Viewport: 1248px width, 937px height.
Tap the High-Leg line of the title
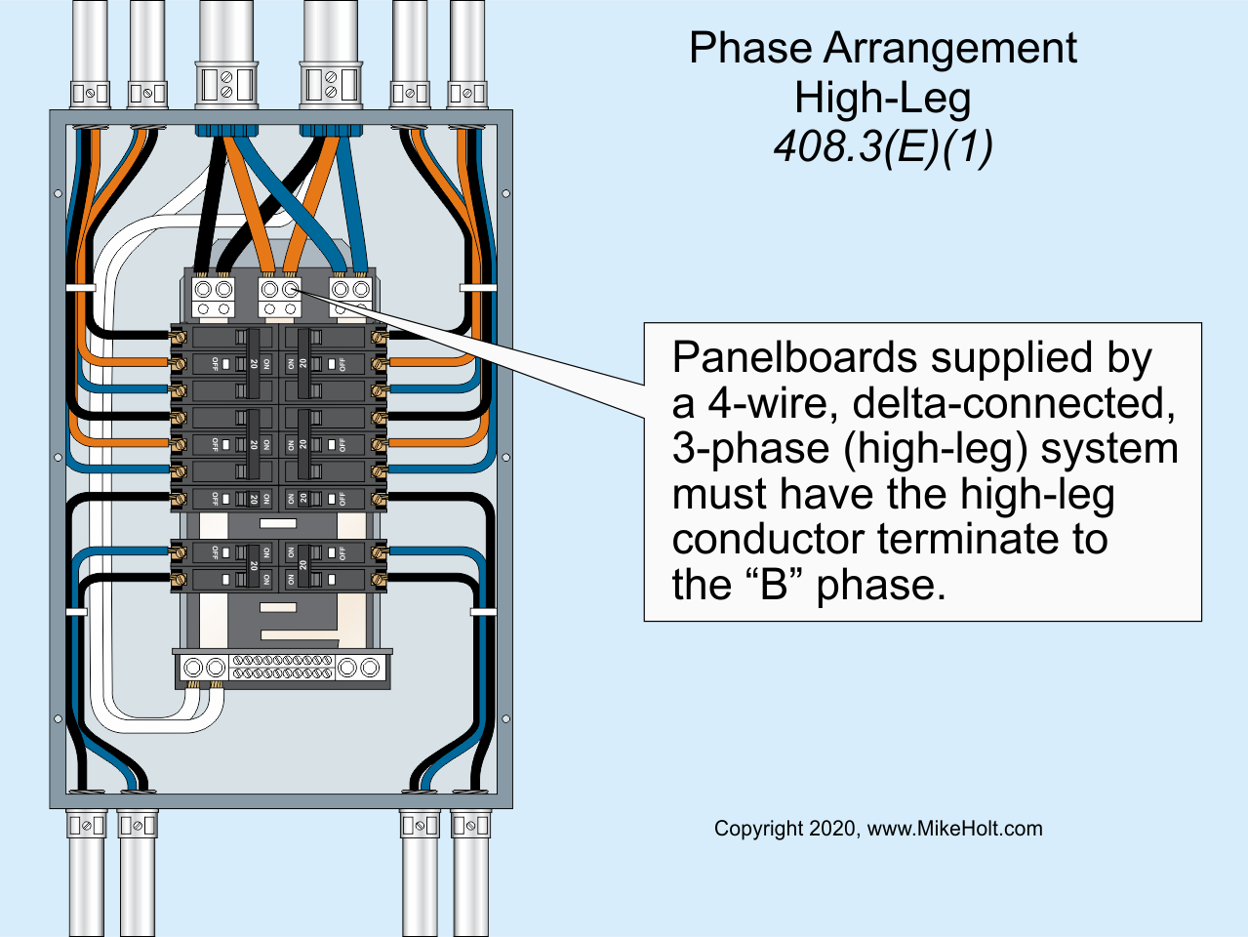point(882,98)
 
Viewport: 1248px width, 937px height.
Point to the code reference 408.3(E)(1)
point(882,146)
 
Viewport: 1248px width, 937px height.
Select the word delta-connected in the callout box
point(1014,403)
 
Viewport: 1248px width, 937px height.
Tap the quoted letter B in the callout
point(774,585)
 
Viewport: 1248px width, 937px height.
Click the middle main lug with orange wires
point(280,296)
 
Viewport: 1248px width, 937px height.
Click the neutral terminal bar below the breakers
point(282,668)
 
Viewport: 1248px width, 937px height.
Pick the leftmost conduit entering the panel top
point(90,49)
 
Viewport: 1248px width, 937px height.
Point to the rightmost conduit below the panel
point(470,878)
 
